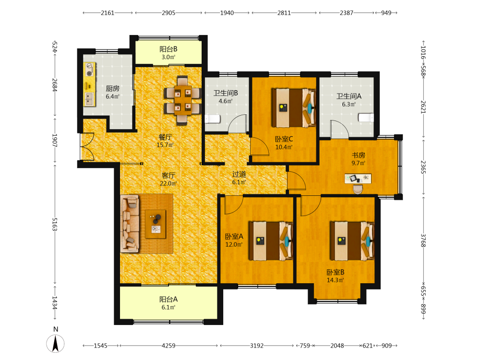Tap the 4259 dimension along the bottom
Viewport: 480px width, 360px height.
pos(168,346)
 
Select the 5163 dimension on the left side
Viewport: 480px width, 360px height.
pos(55,224)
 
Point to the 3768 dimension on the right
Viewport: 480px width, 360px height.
pos(423,240)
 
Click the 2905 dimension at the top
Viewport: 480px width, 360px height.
pos(168,13)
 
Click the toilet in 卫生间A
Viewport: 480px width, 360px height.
pos(366,118)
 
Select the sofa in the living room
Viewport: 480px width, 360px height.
pos(130,224)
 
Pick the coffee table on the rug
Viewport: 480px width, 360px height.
pos(156,224)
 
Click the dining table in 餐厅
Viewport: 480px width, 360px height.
pos(182,100)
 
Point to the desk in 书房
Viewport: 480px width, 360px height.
pos(358,179)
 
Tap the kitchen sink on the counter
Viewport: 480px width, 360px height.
pos(90,98)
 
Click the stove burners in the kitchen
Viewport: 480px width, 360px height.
pos(89,70)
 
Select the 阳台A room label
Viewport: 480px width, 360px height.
pos(168,300)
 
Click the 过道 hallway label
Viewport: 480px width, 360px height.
pos(239,174)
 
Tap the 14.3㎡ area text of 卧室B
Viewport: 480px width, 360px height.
pos(335,280)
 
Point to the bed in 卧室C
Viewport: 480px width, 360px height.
pos(294,108)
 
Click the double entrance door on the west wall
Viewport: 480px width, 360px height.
pos(87,146)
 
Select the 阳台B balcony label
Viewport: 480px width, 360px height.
pos(168,49)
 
